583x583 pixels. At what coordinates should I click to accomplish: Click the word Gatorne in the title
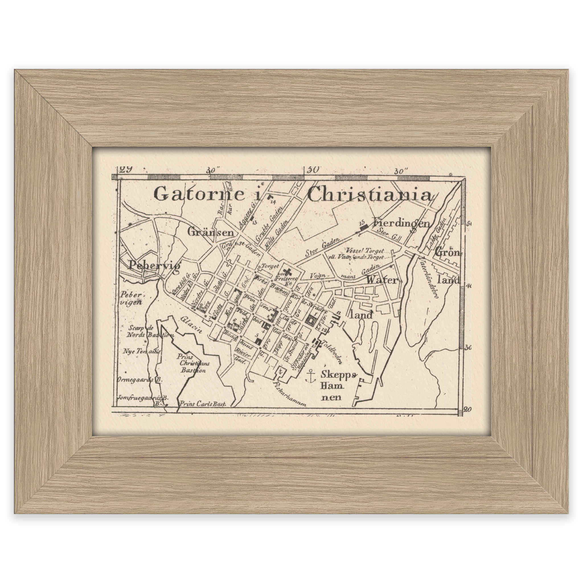coord(199,194)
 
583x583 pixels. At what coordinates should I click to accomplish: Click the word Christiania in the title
coord(369,195)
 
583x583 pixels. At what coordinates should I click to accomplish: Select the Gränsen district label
coord(211,233)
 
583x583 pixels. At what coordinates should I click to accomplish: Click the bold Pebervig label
coord(154,266)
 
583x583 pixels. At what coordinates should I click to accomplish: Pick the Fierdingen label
coord(401,223)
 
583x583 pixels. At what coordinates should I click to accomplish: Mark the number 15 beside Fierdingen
coord(362,223)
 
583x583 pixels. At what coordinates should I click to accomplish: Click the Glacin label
coord(191,324)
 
